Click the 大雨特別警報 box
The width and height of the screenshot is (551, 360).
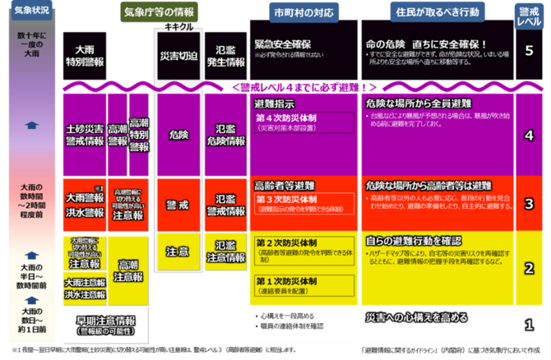(x=84, y=55)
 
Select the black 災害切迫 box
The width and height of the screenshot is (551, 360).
(x=177, y=54)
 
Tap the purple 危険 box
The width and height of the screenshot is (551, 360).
(x=177, y=133)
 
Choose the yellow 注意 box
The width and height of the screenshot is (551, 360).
(x=177, y=250)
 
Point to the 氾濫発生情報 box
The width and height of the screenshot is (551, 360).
(x=224, y=55)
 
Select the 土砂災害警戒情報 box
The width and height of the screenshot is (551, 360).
(x=84, y=134)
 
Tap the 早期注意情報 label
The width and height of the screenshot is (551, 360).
(x=104, y=321)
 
